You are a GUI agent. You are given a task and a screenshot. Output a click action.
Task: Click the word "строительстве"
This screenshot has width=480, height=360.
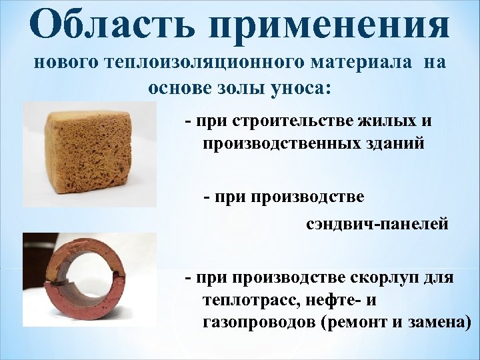click(x=290, y=122)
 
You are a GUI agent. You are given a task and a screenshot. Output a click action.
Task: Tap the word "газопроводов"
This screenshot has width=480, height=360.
click(x=257, y=322)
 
